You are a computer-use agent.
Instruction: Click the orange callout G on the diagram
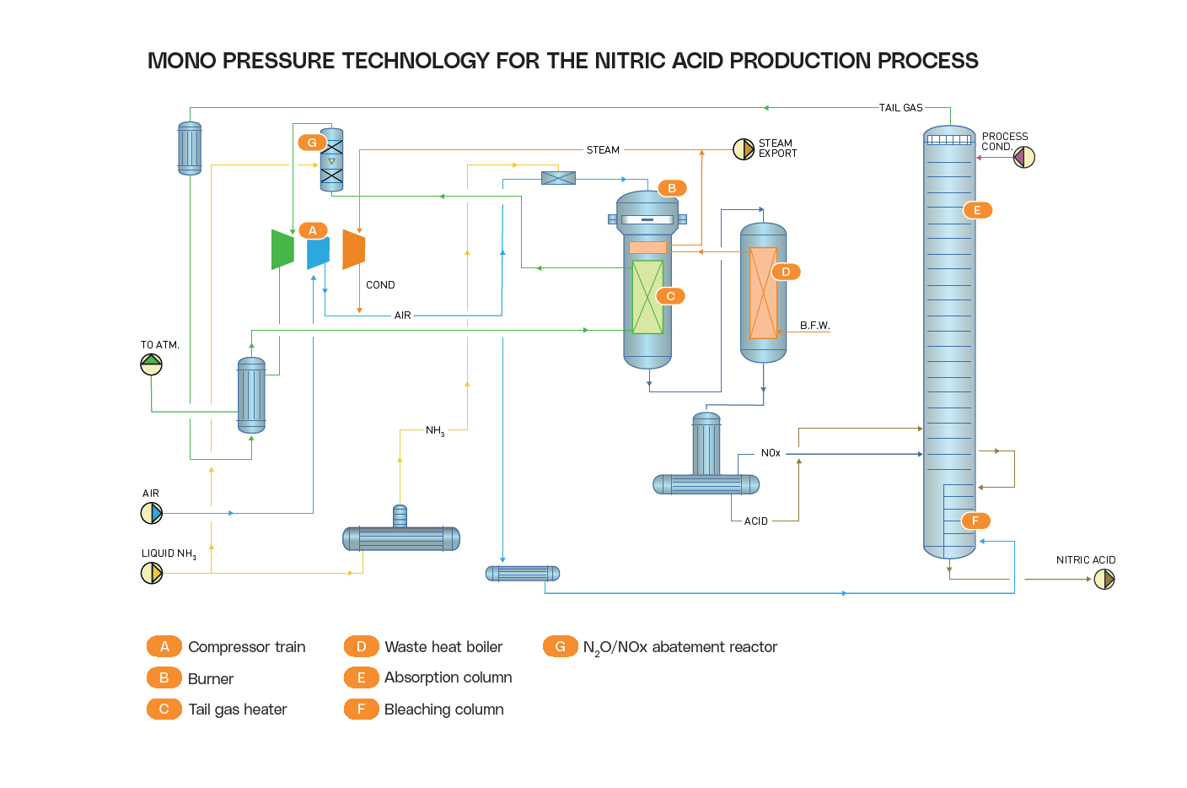coord(312,143)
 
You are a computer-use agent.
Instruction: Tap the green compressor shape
coord(282,249)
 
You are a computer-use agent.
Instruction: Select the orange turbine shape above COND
coord(354,250)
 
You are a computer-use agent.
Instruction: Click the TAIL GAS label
coord(900,108)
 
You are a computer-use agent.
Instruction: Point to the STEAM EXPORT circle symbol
coord(744,149)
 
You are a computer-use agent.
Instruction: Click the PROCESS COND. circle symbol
coord(1023,157)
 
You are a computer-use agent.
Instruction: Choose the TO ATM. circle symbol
coord(151,364)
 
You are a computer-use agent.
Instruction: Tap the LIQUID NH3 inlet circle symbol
coord(151,573)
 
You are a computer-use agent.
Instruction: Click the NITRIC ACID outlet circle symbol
coord(1104,579)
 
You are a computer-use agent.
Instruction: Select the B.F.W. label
coord(815,326)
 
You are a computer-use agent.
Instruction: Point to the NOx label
coord(771,453)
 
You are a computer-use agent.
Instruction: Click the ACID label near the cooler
coord(756,521)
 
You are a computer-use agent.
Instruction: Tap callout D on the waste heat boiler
coord(786,272)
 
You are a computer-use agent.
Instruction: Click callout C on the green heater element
coord(670,296)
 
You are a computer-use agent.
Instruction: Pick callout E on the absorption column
coord(977,210)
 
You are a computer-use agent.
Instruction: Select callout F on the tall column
coord(975,521)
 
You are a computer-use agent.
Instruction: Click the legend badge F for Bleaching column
coord(361,710)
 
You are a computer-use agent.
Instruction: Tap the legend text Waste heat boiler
coord(443,647)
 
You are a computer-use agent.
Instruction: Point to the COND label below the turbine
coord(380,285)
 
